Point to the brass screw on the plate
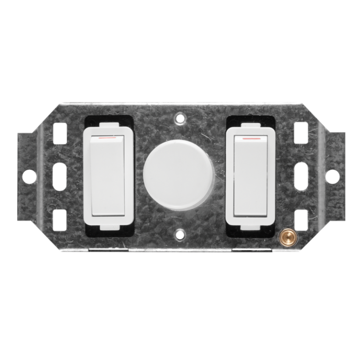(285, 235)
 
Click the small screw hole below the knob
(180, 233)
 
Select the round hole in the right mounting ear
(332, 176)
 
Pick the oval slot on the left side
(60, 176)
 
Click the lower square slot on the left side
(60, 219)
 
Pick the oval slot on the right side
(301, 176)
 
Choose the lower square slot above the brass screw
(301, 218)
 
